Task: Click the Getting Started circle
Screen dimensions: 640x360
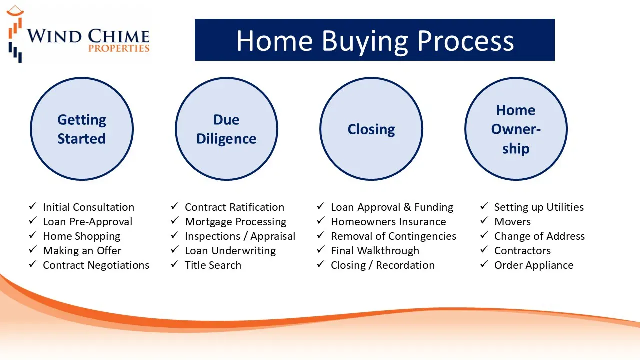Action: [82, 129]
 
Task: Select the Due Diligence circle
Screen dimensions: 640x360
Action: [226, 129]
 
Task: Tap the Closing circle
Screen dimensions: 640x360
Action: [371, 129]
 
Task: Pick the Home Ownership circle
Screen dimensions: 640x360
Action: [516, 129]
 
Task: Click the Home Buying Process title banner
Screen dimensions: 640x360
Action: [375, 40]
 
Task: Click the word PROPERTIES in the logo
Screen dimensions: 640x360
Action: [119, 48]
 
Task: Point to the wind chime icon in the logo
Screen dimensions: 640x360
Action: [15, 34]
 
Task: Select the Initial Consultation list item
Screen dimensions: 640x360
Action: [88, 207]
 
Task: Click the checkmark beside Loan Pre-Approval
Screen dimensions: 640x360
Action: [33, 220]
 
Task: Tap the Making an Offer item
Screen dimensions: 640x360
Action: [82, 251]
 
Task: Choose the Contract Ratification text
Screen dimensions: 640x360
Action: [234, 207]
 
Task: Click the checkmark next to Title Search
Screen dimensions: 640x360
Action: [175, 264]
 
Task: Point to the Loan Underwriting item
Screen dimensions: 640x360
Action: [230, 251]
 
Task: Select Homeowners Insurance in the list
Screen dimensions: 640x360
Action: [388, 222]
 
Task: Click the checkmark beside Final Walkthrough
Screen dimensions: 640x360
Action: [321, 249]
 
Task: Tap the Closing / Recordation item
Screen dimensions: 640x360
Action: [383, 265]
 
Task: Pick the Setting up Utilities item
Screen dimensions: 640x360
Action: [539, 207]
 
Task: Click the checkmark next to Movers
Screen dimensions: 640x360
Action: [484, 220]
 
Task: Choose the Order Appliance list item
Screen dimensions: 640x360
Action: [534, 265]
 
